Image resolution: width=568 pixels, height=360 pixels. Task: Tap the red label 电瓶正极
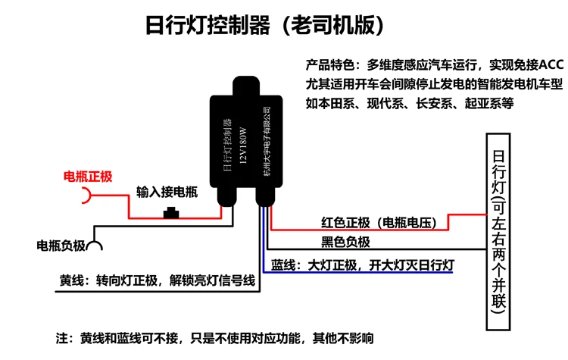[x=88, y=177]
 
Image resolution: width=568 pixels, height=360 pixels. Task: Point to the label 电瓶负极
[x=61, y=246]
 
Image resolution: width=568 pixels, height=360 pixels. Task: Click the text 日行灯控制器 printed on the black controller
[x=224, y=147]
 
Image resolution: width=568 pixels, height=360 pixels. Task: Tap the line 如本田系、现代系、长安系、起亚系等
[x=410, y=104]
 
